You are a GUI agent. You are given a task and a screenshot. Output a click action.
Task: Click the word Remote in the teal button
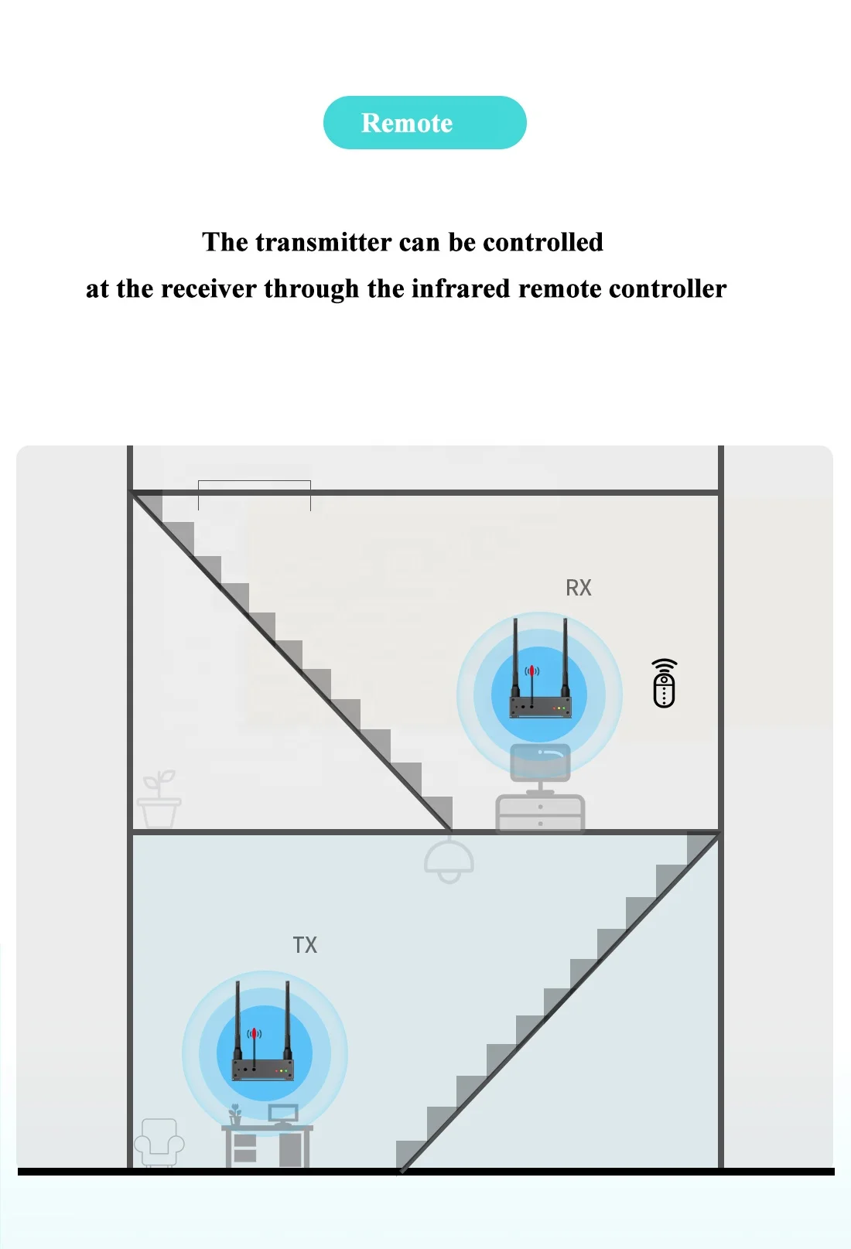[x=407, y=123]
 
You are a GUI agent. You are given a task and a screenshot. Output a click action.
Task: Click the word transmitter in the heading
[x=323, y=242]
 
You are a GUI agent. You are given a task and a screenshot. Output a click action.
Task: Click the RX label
[x=578, y=588]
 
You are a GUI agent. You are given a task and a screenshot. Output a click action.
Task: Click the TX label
[x=305, y=945]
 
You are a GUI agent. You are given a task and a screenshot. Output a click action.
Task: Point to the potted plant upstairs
[x=159, y=801]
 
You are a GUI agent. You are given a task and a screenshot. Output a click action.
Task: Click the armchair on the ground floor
[x=159, y=1142]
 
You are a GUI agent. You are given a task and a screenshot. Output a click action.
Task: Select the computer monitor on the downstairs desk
[x=283, y=1114]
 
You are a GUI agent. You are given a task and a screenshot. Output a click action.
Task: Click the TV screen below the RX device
[x=540, y=762]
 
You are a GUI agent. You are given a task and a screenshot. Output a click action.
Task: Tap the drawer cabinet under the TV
[x=540, y=814]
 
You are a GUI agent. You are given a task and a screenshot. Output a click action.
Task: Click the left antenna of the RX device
[x=515, y=657]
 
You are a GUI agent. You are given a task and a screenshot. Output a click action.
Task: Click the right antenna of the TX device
[x=288, y=1021]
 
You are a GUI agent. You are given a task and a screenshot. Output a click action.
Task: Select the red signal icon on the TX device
[x=255, y=1034]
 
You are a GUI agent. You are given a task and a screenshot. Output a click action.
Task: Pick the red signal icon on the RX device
[x=531, y=671]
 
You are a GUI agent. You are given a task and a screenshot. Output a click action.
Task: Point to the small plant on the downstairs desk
[x=235, y=1115]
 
